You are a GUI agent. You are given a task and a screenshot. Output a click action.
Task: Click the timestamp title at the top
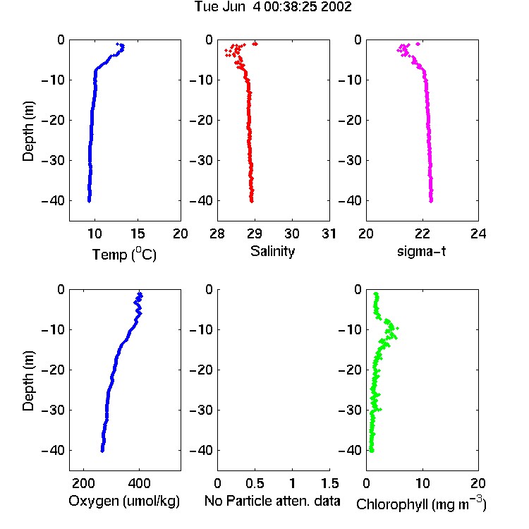click(273, 7)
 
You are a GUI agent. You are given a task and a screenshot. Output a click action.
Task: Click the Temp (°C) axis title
click(124, 254)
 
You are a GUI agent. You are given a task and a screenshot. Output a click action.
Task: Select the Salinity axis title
click(272, 251)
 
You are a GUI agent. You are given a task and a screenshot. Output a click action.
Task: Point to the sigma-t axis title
click(421, 251)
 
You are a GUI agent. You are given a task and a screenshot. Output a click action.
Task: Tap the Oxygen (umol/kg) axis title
click(124, 501)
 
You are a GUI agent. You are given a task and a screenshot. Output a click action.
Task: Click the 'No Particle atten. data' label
click(272, 501)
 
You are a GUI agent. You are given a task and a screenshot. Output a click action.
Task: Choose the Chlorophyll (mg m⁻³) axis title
click(421, 503)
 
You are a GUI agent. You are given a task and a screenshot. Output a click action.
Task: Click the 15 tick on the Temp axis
click(138, 233)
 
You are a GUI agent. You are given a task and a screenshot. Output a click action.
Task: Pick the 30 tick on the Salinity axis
click(292, 233)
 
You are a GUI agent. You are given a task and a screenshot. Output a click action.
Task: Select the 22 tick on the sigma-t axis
click(422, 233)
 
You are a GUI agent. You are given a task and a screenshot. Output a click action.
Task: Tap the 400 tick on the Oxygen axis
click(139, 483)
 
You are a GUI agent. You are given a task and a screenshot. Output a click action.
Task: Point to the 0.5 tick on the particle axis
click(255, 483)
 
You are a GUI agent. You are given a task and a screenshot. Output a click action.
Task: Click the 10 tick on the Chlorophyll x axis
click(422, 483)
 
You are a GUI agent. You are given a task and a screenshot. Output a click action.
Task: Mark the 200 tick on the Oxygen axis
click(83, 483)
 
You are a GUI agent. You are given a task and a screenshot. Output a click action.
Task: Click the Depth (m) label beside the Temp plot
click(28, 131)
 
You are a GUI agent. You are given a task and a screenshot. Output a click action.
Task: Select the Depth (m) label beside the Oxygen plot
click(28, 381)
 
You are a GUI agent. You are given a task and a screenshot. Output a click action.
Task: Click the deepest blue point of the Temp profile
click(89, 201)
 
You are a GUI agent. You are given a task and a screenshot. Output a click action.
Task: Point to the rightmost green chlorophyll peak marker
click(397, 328)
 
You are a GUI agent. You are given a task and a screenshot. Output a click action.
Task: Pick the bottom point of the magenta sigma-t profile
click(431, 201)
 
